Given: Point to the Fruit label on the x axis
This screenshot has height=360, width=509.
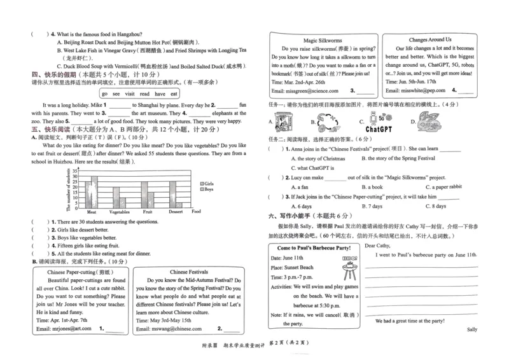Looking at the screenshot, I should (x=148, y=212).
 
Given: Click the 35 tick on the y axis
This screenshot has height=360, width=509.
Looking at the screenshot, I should (x=74, y=170).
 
